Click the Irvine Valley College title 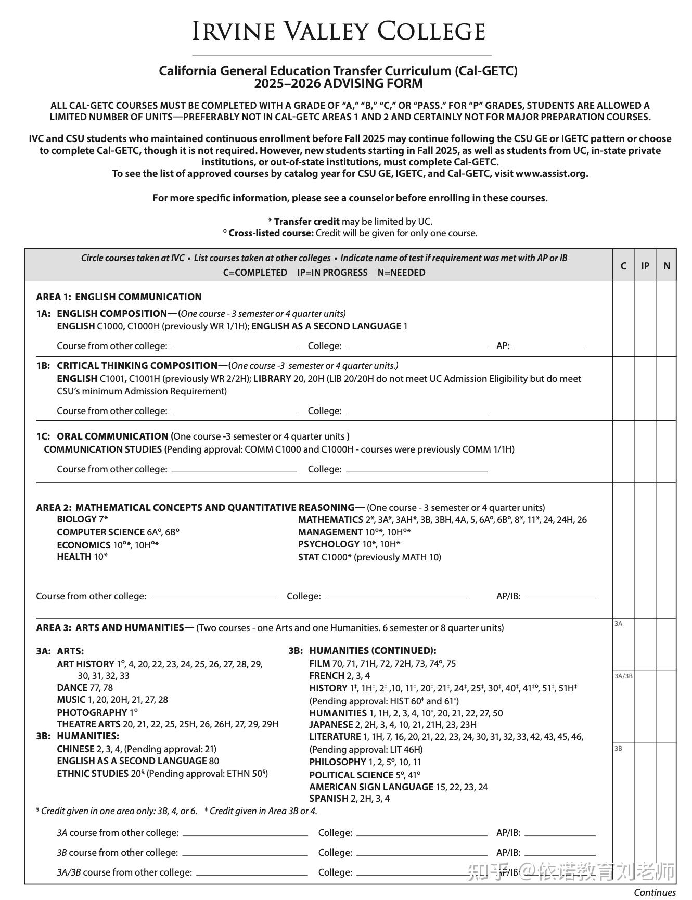click(339, 31)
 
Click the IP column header click(645, 266)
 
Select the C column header click(623, 266)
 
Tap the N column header click(667, 266)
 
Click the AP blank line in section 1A click(549, 346)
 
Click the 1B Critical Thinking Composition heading click(137, 365)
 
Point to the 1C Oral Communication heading click(112, 436)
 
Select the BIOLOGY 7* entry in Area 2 click(82, 519)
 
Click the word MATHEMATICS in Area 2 click(330, 519)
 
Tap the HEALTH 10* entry click(82, 556)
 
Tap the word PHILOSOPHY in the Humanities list click(338, 762)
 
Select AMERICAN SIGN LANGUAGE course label click(371, 787)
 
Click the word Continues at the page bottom click(655, 892)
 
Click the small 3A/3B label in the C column click(623, 676)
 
